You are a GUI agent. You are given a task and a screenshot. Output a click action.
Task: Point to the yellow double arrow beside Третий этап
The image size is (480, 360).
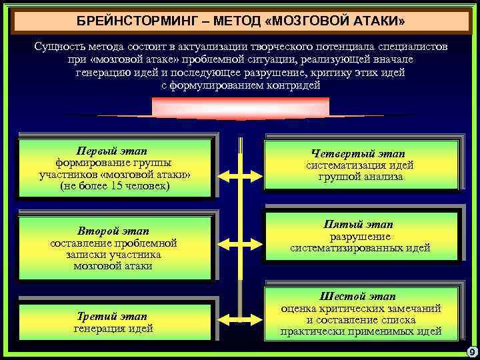pyautogui.click(x=239, y=322)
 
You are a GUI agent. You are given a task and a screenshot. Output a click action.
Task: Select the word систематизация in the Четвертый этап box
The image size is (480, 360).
pyautogui.click(x=339, y=165)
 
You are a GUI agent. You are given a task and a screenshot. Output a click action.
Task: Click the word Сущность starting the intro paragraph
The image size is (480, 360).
pyautogui.click(x=60, y=47)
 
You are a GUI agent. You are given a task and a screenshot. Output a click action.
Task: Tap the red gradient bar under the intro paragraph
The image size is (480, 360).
pyautogui.click(x=240, y=108)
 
